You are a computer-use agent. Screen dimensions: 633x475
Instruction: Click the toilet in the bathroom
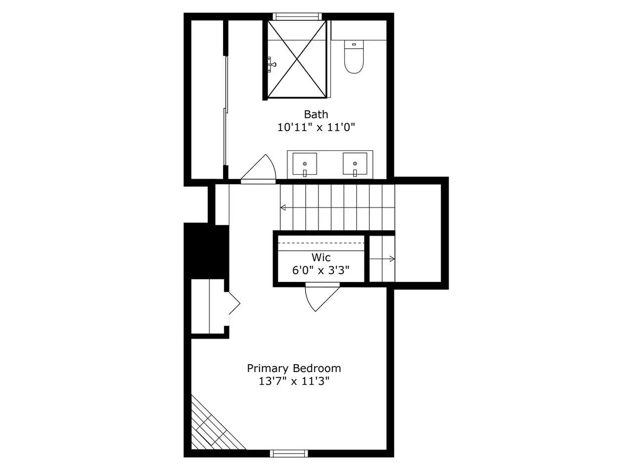(354, 56)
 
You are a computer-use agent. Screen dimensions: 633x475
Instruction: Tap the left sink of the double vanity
(305, 164)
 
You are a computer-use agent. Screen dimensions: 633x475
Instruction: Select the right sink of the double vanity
(355, 164)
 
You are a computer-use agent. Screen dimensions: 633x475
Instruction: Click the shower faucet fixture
(271, 64)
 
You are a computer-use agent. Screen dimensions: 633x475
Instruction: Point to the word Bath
(316, 114)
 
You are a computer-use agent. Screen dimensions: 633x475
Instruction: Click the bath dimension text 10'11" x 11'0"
(316, 127)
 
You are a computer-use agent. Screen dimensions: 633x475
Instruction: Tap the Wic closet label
(321, 257)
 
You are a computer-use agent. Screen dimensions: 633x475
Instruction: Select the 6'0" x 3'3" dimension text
(320, 270)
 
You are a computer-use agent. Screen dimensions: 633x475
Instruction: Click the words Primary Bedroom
(294, 368)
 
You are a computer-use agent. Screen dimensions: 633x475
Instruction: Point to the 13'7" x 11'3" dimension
(294, 381)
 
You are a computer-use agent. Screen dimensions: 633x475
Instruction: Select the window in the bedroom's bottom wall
(289, 454)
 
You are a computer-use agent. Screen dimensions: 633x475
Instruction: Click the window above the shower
(297, 16)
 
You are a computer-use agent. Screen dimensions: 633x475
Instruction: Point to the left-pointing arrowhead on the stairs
(283, 207)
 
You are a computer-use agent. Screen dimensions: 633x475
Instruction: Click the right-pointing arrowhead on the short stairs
(392, 259)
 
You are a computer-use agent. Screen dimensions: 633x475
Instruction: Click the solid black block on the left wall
(206, 251)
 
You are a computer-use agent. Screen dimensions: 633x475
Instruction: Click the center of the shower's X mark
(297, 59)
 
